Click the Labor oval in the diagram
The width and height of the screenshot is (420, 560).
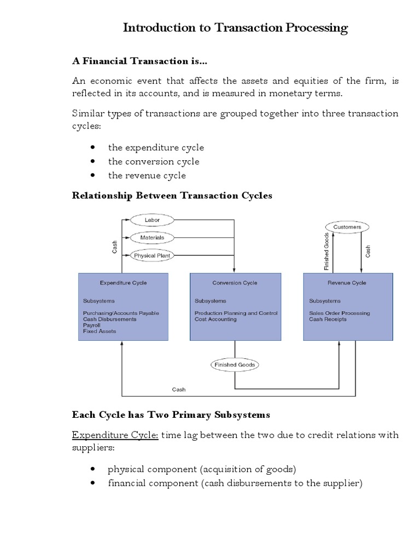click(152, 220)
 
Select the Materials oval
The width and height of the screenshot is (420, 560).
click(152, 237)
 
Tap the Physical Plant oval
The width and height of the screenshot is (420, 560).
click(152, 255)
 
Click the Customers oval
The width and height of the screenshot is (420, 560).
click(347, 226)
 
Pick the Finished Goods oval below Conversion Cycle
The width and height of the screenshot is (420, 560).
click(235, 364)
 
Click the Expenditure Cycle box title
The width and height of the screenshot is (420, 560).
click(123, 283)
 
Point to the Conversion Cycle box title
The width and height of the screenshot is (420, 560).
click(235, 283)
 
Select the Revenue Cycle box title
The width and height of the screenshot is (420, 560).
click(347, 283)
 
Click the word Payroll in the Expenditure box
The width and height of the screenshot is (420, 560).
click(92, 325)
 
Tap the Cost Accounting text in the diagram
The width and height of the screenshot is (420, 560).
click(215, 319)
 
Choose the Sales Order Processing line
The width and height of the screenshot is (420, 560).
click(339, 313)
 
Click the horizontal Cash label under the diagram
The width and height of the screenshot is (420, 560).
click(179, 389)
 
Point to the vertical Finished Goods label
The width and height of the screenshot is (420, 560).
click(326, 252)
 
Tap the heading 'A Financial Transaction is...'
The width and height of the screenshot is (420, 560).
click(140, 60)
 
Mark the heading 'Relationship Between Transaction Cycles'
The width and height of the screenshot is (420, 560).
click(172, 196)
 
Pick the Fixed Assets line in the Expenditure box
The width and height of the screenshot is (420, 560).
click(100, 331)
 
